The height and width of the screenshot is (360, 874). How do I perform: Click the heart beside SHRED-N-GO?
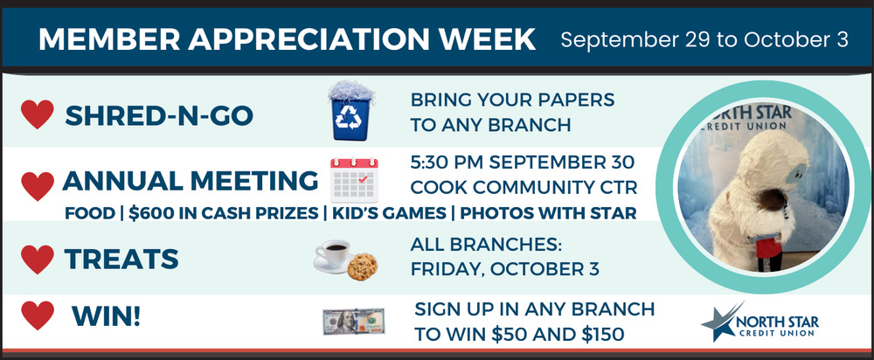click(x=38, y=114)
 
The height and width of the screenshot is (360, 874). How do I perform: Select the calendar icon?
click(x=354, y=179)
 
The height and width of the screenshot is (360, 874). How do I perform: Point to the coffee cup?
click(x=333, y=256)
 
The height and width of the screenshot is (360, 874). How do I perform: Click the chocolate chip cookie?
click(x=363, y=267)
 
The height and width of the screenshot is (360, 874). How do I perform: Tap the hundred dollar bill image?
click(x=353, y=322)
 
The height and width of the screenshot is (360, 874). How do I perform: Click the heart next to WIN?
click(x=38, y=315)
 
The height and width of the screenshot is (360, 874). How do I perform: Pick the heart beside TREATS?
click(x=38, y=260)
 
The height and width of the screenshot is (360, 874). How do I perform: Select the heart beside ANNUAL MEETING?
click(x=38, y=185)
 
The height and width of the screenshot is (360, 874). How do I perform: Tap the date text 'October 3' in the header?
click(x=796, y=40)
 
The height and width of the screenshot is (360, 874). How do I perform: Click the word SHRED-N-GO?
click(x=159, y=116)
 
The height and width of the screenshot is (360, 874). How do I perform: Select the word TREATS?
click(x=121, y=259)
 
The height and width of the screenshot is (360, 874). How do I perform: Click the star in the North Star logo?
click(x=720, y=322)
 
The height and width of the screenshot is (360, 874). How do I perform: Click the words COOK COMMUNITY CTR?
click(x=524, y=188)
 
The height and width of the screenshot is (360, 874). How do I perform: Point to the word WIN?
click(x=106, y=316)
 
